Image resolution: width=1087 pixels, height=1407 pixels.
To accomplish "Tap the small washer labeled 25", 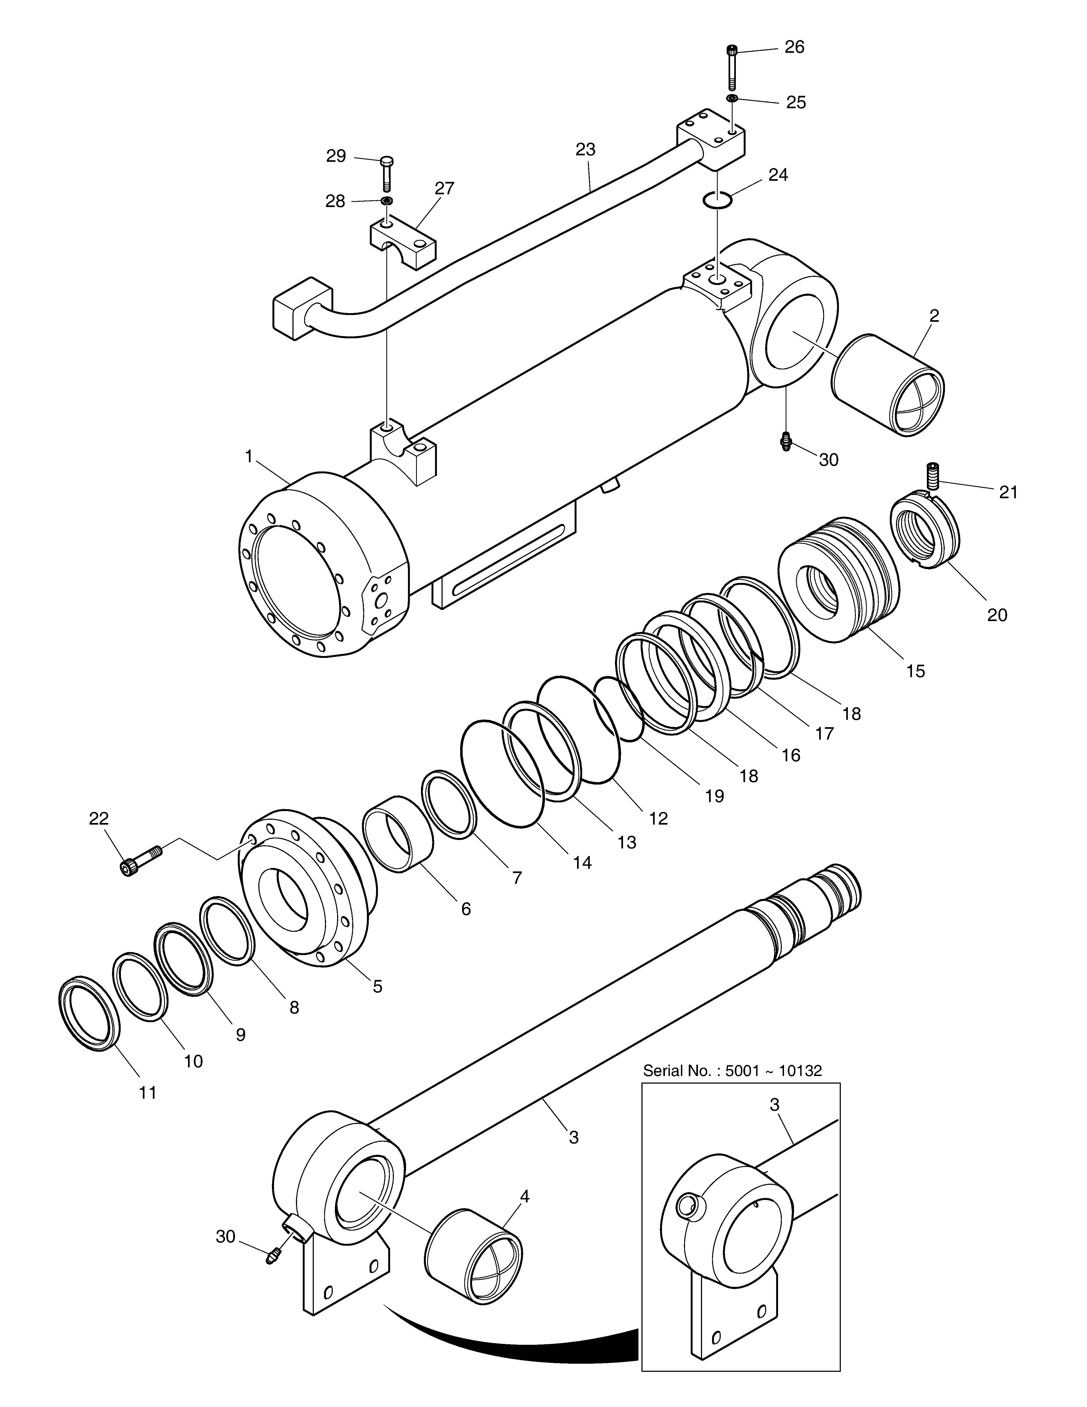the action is [732, 98].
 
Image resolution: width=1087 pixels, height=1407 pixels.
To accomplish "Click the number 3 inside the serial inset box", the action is [775, 1104].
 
